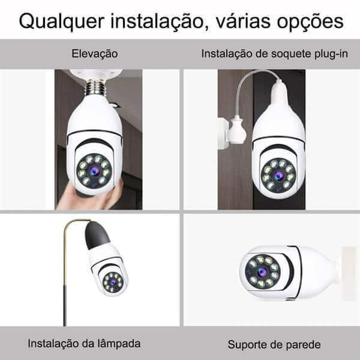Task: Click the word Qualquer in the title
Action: click(x=62, y=22)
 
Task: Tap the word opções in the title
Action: click(x=310, y=22)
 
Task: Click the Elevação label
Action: click(x=95, y=54)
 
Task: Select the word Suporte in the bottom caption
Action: click(x=248, y=344)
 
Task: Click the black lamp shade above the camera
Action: click(x=97, y=235)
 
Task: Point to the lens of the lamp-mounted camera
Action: click(x=113, y=283)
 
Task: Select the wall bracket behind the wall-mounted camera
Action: click(x=349, y=273)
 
